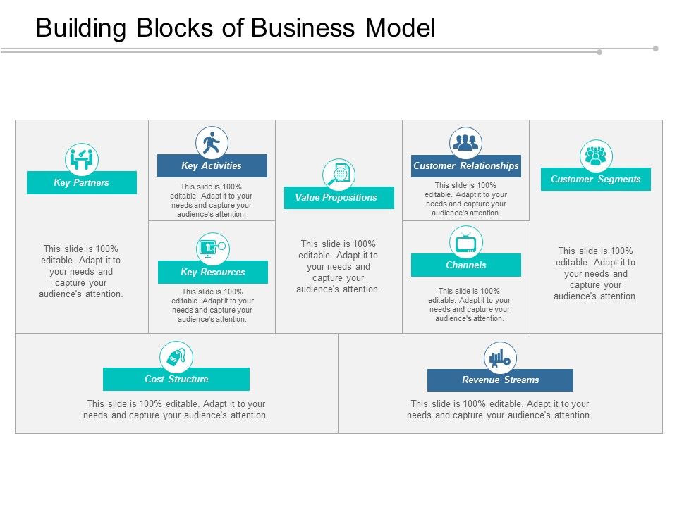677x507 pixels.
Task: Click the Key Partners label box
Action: point(82,183)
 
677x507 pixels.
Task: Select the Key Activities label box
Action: point(212,166)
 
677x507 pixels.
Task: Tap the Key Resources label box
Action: point(213,273)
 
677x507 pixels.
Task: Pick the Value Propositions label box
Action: point(338,198)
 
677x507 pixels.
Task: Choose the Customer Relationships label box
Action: point(466,166)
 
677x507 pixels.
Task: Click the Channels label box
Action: point(466,265)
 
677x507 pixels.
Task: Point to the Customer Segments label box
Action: point(596,180)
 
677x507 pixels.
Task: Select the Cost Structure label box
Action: point(176,380)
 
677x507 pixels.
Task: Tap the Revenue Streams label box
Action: point(500,380)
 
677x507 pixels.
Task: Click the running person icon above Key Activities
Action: point(212,143)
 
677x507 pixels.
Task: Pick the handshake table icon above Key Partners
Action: point(82,160)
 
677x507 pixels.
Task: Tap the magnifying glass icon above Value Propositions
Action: point(338,175)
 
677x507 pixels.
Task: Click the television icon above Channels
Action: point(466,242)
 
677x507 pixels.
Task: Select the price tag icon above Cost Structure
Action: point(176,358)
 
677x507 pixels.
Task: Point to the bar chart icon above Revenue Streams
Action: point(500,358)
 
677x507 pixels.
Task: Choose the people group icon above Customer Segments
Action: point(596,156)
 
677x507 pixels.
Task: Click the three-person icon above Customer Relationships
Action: point(466,143)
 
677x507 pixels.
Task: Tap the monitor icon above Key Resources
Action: point(212,249)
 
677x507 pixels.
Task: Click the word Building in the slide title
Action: point(80,27)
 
